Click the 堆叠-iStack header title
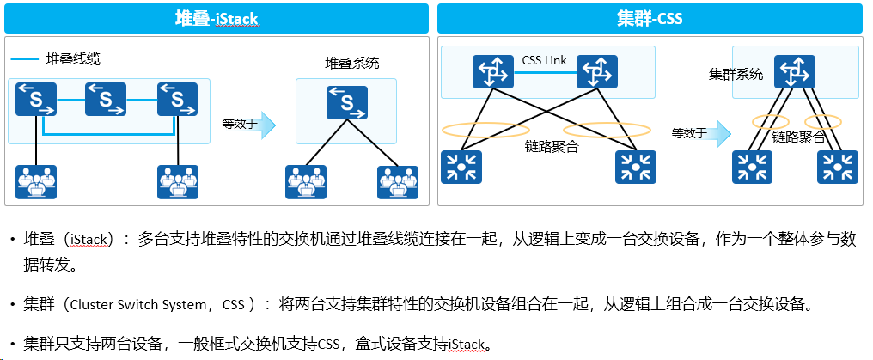(x=216, y=19)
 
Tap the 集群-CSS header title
(x=650, y=19)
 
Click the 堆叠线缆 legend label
(x=73, y=59)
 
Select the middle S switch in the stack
(x=106, y=100)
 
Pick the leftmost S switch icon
(x=36, y=100)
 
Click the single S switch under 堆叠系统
(x=347, y=102)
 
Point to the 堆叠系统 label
(x=352, y=63)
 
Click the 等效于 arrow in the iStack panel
(x=267, y=125)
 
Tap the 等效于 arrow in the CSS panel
(x=722, y=134)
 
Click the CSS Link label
(x=544, y=61)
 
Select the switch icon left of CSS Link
(x=493, y=72)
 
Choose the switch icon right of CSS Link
(x=597, y=72)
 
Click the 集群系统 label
(x=736, y=74)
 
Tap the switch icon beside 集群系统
(x=795, y=72)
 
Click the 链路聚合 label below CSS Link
(x=552, y=148)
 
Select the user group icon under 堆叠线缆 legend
(x=36, y=182)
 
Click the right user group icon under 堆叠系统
(x=398, y=182)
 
